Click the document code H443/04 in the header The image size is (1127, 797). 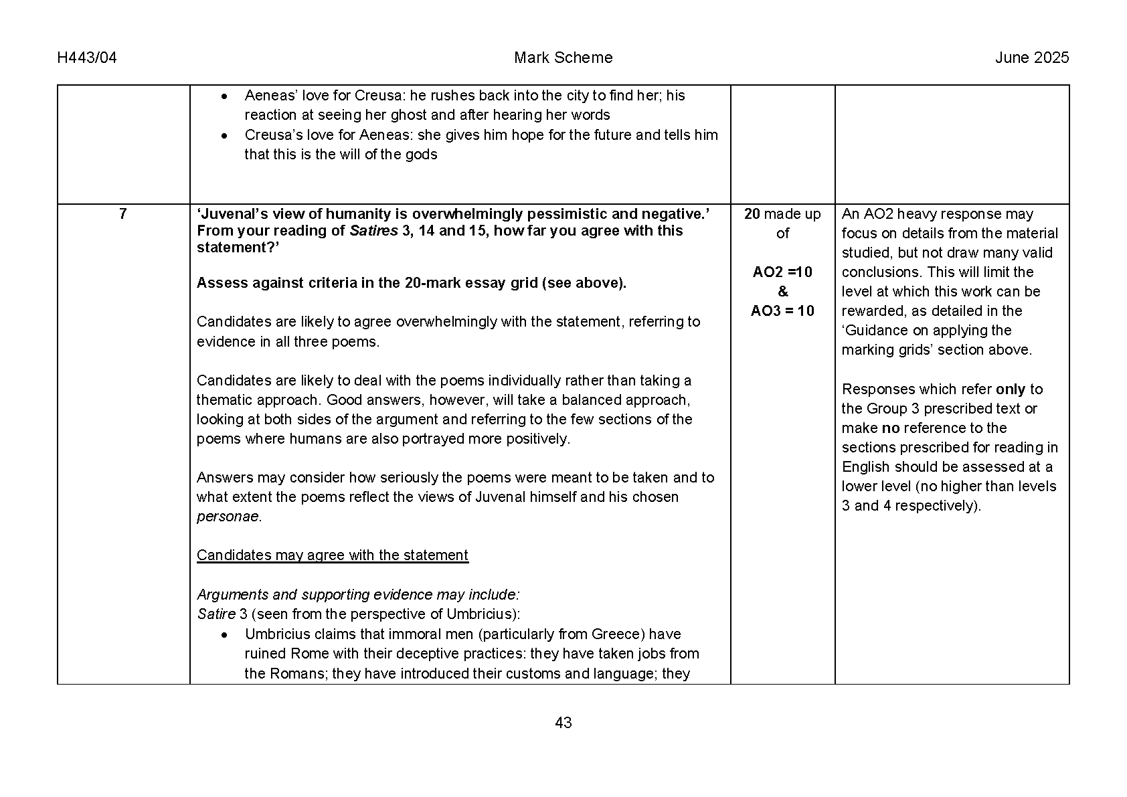(x=87, y=58)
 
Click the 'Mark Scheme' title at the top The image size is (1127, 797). (x=563, y=58)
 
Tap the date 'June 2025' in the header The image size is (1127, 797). (x=1031, y=58)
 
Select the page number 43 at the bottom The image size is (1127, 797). (x=563, y=723)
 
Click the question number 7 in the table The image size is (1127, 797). (x=122, y=214)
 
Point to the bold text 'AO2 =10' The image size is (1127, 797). (x=782, y=272)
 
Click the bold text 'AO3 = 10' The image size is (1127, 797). (x=782, y=311)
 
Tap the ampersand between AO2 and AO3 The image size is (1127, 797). (x=782, y=292)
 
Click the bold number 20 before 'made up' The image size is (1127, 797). (x=752, y=214)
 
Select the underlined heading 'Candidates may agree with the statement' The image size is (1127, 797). (x=333, y=555)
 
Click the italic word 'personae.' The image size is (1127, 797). (x=229, y=517)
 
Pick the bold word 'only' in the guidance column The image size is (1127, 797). (x=1010, y=389)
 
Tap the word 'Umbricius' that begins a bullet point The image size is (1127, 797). (x=276, y=634)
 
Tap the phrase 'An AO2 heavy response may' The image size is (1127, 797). (x=937, y=214)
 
